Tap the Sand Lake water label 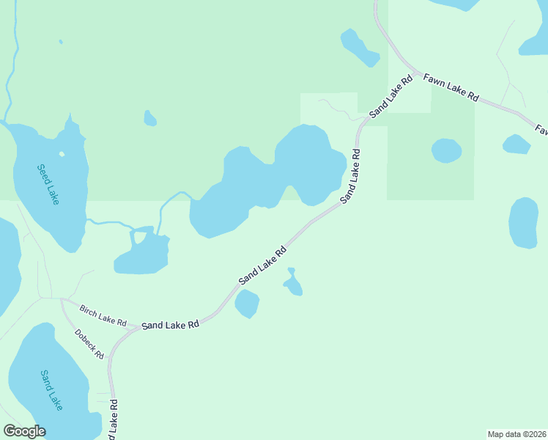tap(51, 389)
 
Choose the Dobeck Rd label tap(89, 343)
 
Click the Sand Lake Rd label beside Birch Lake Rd tap(171, 324)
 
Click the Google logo tap(24, 431)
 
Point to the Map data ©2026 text tap(517, 434)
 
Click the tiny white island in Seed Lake tap(62, 154)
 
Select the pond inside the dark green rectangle tap(446, 150)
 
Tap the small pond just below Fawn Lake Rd tap(516, 144)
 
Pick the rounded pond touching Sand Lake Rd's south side tap(247, 304)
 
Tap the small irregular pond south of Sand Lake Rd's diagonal tap(294, 283)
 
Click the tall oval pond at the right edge tap(523, 222)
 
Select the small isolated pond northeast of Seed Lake tap(150, 118)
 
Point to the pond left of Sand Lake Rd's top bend tap(358, 47)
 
